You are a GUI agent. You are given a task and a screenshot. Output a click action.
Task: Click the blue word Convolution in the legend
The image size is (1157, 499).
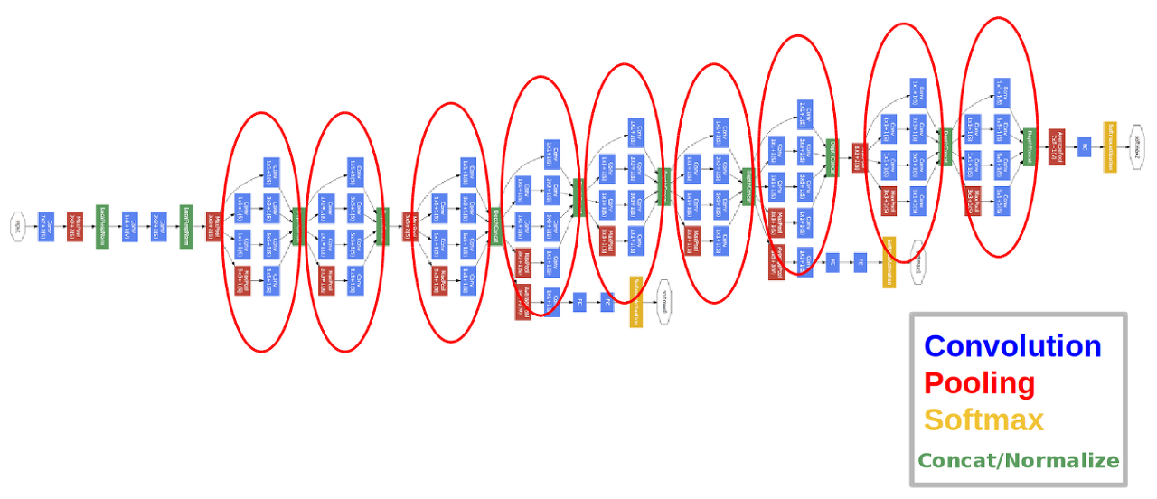click(x=1012, y=346)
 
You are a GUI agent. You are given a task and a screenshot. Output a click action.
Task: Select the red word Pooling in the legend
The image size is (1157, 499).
click(x=979, y=383)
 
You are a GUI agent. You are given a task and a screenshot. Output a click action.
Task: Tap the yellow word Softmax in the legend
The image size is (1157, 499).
click(x=983, y=419)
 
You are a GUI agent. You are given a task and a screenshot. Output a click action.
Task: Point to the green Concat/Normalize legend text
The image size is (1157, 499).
click(x=1018, y=460)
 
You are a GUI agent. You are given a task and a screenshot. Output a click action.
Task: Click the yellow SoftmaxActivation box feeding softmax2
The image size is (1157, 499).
click(x=1109, y=146)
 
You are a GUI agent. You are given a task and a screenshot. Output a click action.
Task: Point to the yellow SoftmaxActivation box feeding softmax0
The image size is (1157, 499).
click(x=635, y=302)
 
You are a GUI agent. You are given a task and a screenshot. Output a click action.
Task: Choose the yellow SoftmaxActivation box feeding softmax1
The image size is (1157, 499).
click(x=889, y=262)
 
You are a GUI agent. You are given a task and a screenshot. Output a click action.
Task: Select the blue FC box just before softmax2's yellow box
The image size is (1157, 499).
click(x=1083, y=146)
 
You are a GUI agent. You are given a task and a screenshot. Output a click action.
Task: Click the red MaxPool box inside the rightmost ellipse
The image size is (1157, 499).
click(x=973, y=200)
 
